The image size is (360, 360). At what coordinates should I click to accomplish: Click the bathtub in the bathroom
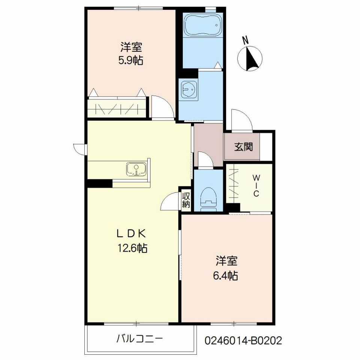203,25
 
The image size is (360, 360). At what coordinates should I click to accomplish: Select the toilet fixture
208,199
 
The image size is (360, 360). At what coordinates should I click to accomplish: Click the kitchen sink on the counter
136,169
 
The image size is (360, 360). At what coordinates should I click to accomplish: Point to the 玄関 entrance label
244,147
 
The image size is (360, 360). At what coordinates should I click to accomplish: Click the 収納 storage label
186,200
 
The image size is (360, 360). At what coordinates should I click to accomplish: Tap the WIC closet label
256,186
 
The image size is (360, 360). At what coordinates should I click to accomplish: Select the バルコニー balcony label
139,339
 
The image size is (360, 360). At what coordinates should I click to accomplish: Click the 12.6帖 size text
132,248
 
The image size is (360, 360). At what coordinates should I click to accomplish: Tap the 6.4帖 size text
225,276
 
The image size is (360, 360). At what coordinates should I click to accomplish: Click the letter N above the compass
246,41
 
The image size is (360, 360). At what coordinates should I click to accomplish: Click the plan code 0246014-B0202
243,341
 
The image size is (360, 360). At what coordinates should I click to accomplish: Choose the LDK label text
131,234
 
